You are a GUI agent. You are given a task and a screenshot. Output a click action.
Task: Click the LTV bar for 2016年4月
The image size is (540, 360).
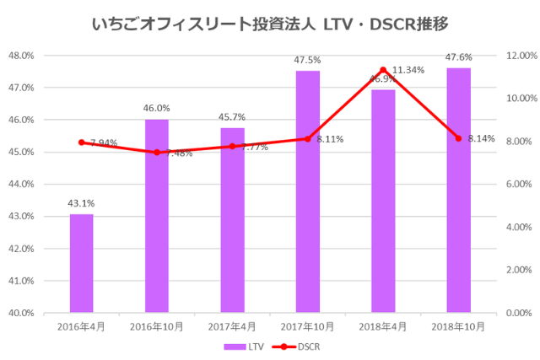tap(81, 263)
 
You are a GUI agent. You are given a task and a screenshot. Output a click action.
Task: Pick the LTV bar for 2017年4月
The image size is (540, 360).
tap(232, 219)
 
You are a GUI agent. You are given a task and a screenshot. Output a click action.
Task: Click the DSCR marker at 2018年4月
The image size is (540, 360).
tap(383, 70)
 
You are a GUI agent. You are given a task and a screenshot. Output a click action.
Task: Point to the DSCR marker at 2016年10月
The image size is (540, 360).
tap(156, 153)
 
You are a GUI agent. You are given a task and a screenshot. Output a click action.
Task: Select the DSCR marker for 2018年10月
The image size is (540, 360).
tap(459, 138)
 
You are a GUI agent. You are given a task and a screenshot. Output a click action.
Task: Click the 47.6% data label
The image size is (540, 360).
tap(459, 57)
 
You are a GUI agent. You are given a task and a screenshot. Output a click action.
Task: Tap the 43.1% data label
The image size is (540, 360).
tap(81, 203)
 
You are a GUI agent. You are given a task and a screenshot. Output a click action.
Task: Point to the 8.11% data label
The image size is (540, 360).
tap(330, 139)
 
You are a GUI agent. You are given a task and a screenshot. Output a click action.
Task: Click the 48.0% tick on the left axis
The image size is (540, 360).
tap(20, 56)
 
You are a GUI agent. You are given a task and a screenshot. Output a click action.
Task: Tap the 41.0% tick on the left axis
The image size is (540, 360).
tap(20, 281)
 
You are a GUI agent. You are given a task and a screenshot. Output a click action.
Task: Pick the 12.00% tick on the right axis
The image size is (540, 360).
tap(515, 56)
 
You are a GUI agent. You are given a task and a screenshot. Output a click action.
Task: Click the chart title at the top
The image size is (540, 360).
tap(269, 23)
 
